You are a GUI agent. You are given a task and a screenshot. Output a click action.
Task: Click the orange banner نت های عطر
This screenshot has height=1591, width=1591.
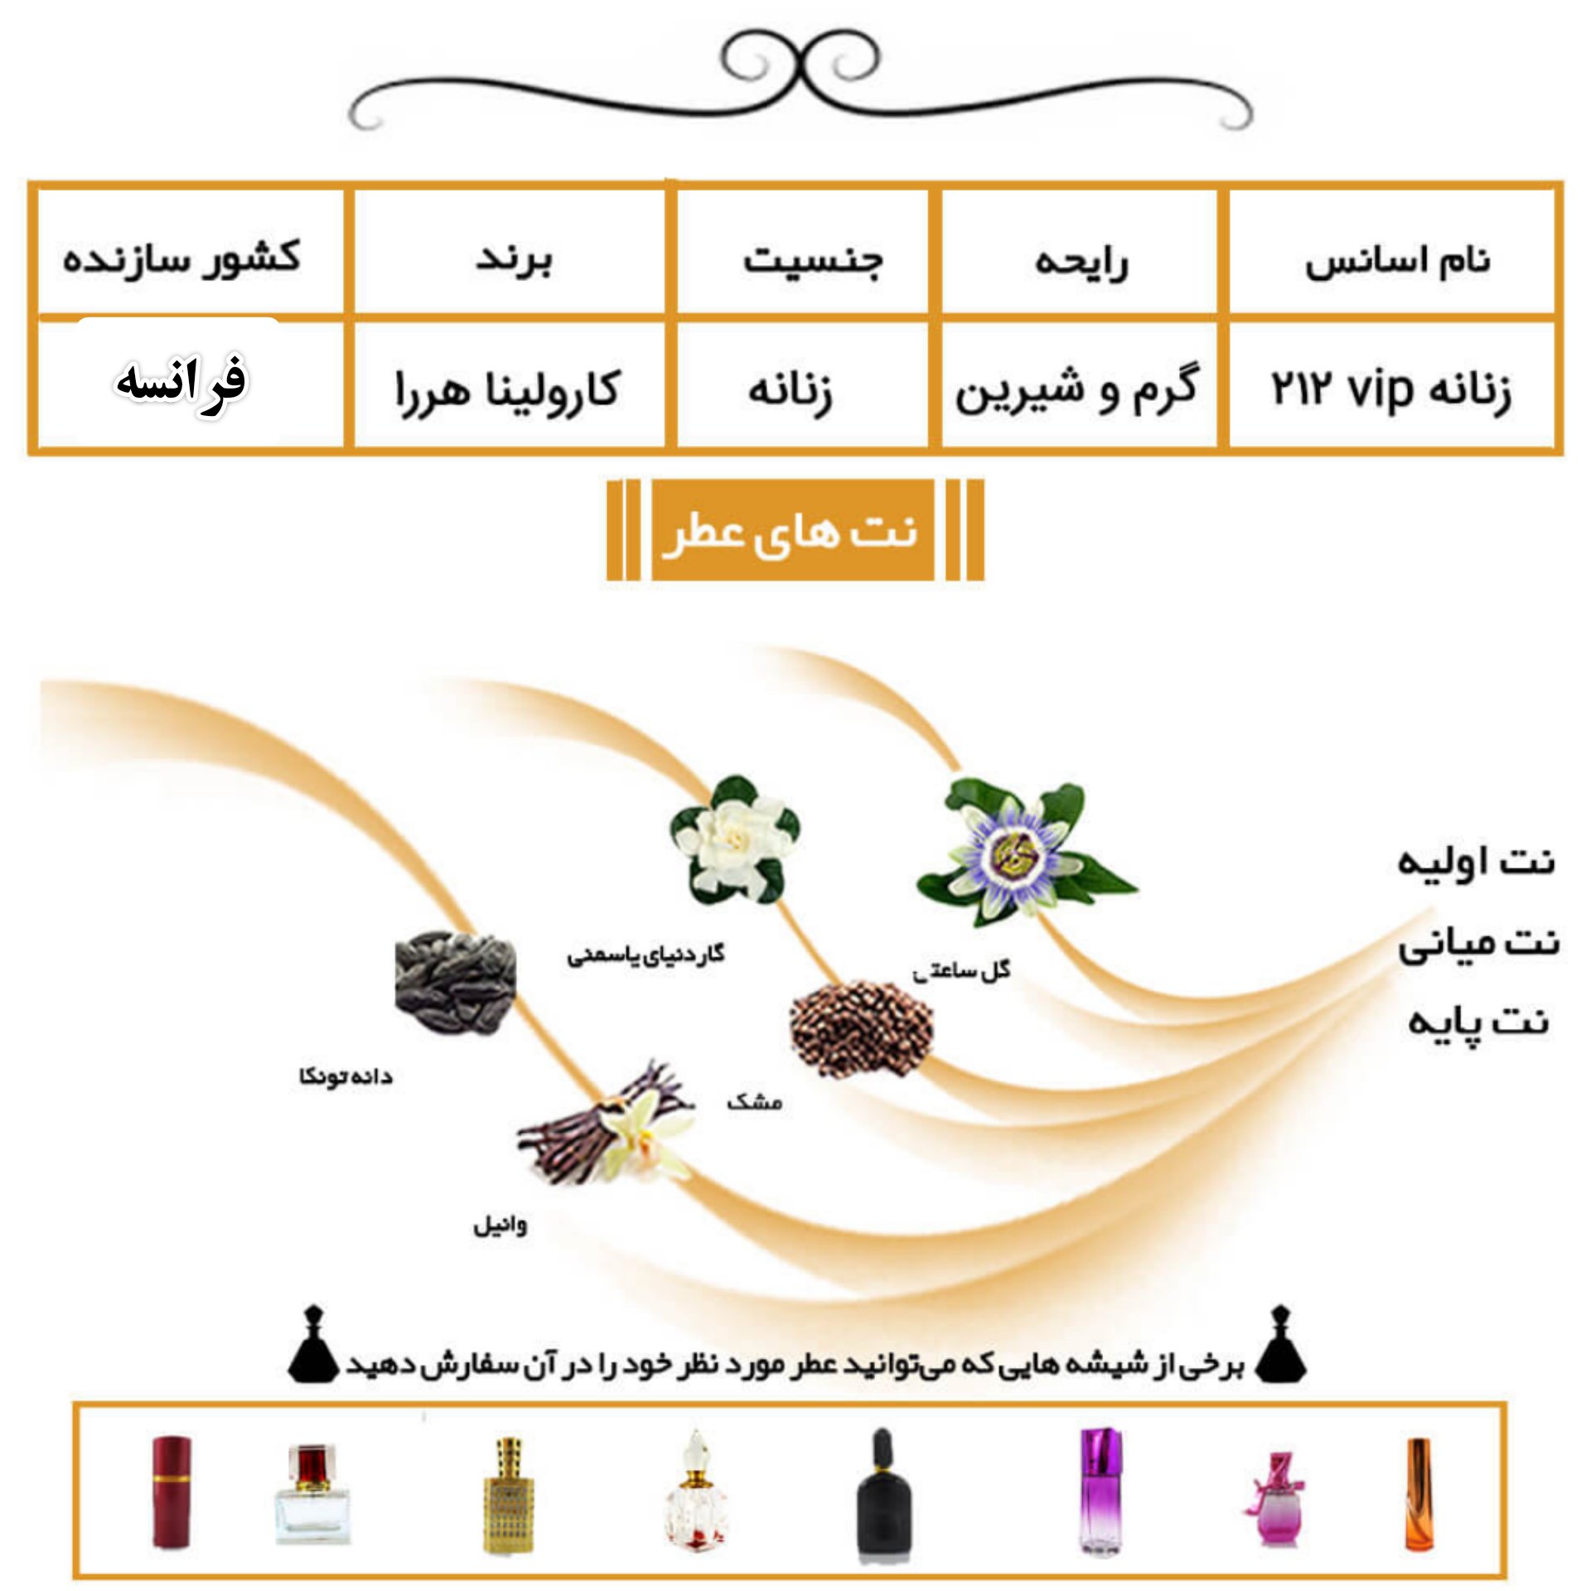pos(794,530)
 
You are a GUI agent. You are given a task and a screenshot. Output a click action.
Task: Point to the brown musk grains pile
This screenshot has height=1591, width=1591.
pos(862,1028)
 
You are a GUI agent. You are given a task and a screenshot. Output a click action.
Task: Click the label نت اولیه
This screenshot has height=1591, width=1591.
pos(1476,863)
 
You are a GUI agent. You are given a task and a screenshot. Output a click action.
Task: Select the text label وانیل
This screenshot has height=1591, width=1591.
pos(500,1226)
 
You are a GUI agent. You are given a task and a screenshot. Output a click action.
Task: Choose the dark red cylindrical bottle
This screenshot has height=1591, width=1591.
pos(172,1492)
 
